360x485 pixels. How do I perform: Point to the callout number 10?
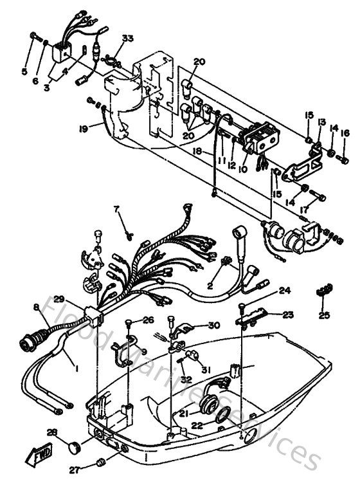[242, 170]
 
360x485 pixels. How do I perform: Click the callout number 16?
[345, 133]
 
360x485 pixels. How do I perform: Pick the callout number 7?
[116, 209]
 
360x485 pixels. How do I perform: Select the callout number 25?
[324, 316]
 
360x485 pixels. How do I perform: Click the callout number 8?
[37, 308]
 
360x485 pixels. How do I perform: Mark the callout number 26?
[148, 320]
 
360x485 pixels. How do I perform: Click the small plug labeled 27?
[100, 462]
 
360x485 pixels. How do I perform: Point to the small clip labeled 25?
[324, 291]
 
